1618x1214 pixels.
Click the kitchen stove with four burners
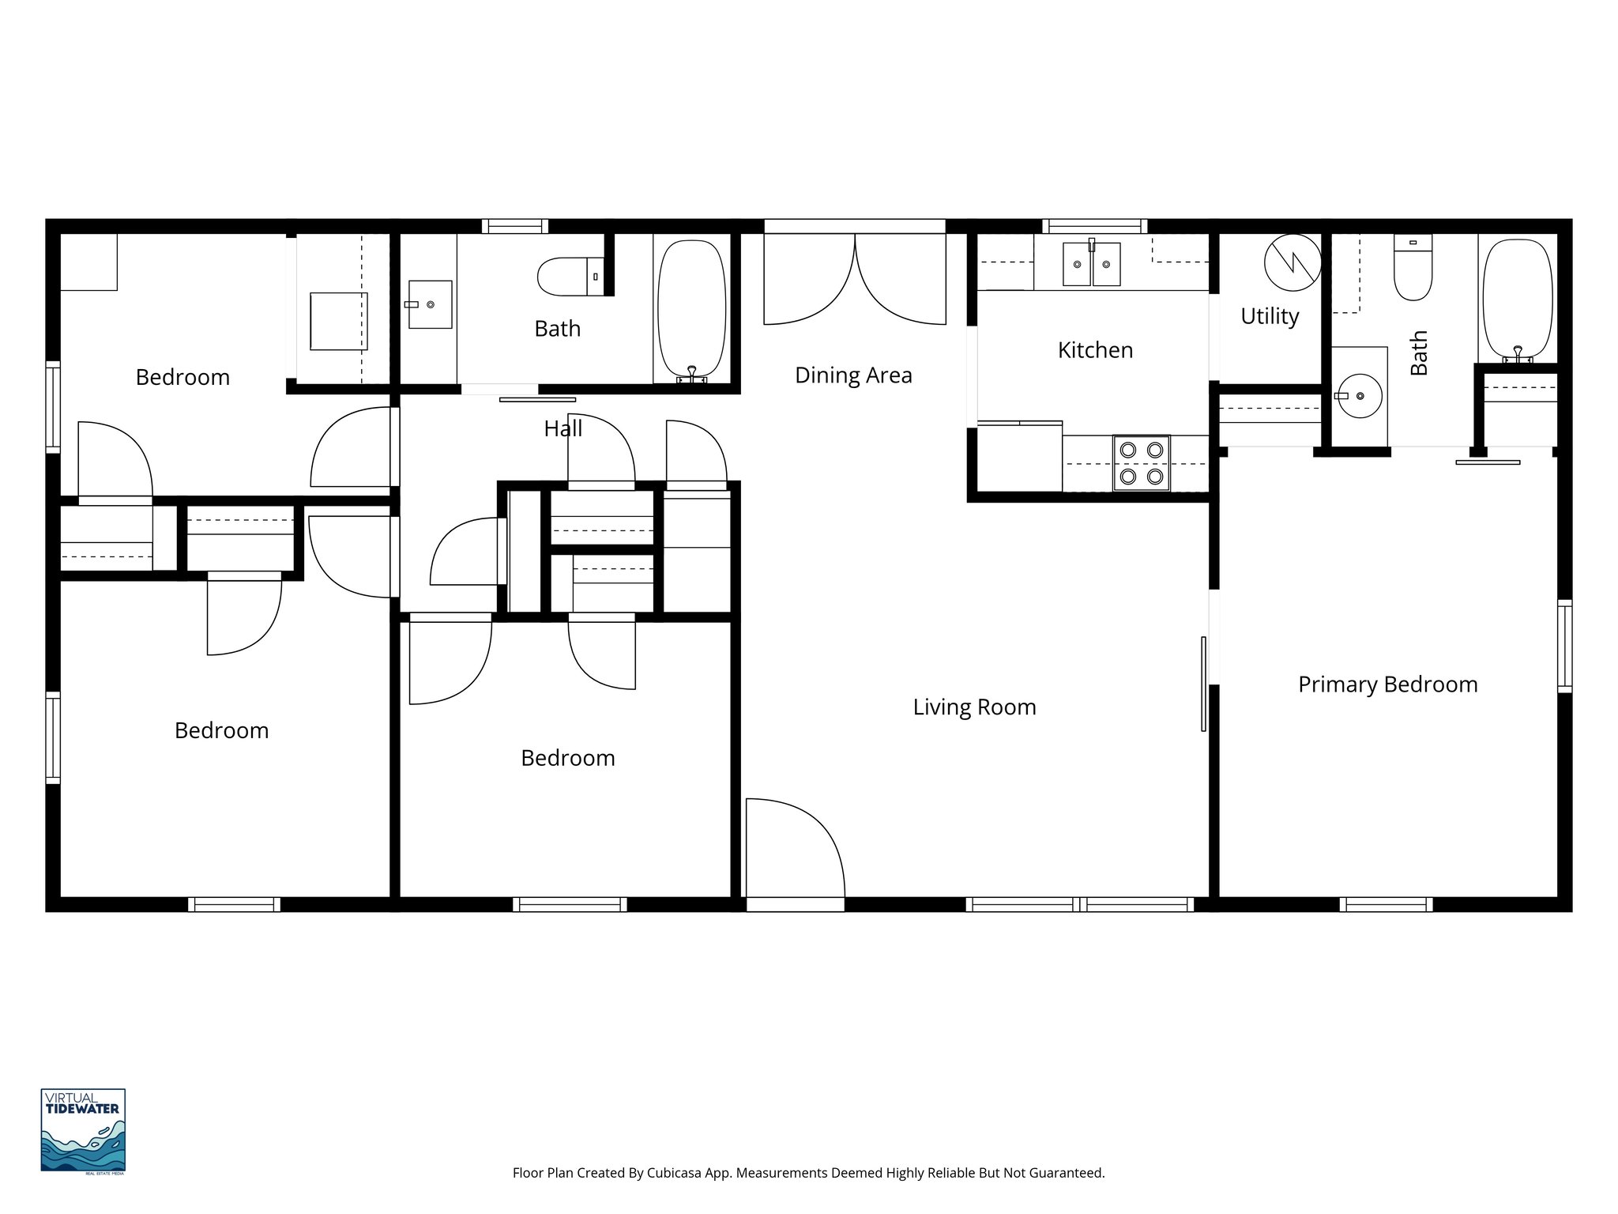pyautogui.click(x=1142, y=462)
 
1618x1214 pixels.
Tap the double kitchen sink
pyautogui.click(x=1091, y=264)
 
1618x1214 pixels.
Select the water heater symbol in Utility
pyautogui.click(x=1292, y=263)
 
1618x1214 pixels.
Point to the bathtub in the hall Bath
pyautogui.click(x=691, y=310)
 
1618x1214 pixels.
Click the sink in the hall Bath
pyautogui.click(x=431, y=304)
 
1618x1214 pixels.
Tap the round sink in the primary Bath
pyautogui.click(x=1359, y=396)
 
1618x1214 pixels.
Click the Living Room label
pyautogui.click(x=974, y=707)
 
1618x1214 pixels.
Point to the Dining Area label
pyautogui.click(x=853, y=375)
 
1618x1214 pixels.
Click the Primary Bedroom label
pyautogui.click(x=1387, y=684)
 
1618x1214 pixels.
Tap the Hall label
pyautogui.click(x=563, y=429)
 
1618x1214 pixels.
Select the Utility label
pyautogui.click(x=1270, y=316)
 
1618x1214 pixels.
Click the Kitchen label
pyautogui.click(x=1095, y=350)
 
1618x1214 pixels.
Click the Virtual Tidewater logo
pyautogui.click(x=83, y=1131)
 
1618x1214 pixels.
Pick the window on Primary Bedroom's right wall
pyautogui.click(x=1564, y=647)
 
